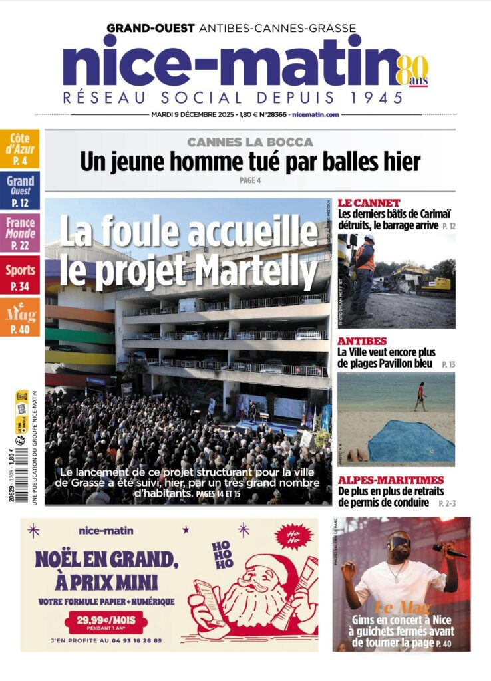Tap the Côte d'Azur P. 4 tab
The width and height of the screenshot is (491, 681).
20,148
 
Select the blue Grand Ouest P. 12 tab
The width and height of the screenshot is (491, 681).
20,190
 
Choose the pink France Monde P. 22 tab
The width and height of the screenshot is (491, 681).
20,233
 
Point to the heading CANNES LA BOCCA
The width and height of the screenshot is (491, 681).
249,142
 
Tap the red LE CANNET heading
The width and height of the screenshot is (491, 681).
369,202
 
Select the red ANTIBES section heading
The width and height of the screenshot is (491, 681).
363,340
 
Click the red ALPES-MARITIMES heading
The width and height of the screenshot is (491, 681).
391,480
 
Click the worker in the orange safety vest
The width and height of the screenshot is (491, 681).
363,266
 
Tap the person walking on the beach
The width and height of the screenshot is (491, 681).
420,396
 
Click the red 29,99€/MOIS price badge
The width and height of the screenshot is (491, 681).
106,622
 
